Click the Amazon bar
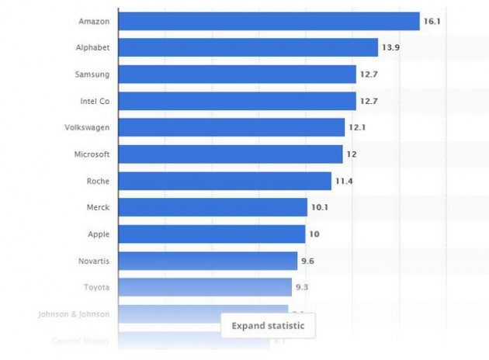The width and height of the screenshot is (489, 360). click(269, 22)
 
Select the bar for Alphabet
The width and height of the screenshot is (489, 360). click(248, 48)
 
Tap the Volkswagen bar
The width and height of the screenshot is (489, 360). click(231, 127)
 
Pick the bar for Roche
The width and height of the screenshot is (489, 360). click(224, 181)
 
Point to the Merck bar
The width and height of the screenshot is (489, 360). click(213, 207)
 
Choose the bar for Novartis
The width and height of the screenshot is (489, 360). click(207, 261)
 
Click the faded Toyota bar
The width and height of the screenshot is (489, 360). click(205, 287)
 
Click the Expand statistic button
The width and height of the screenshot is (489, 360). click(268, 326)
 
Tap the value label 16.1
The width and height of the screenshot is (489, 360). click(432, 22)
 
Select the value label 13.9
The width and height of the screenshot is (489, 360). click(390, 48)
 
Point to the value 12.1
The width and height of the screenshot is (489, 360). click(356, 127)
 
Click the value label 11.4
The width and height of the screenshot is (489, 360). click(343, 181)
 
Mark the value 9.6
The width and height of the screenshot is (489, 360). click(307, 261)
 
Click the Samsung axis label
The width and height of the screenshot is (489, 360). click(92, 74)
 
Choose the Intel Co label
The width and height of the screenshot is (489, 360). click(95, 101)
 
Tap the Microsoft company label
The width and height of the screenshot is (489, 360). click(91, 154)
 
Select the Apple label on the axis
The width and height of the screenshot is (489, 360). click(99, 234)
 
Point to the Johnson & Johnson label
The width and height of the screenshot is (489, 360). click(74, 314)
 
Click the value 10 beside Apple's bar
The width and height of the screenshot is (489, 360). click(314, 234)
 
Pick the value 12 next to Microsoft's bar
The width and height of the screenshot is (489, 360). click(352, 154)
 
